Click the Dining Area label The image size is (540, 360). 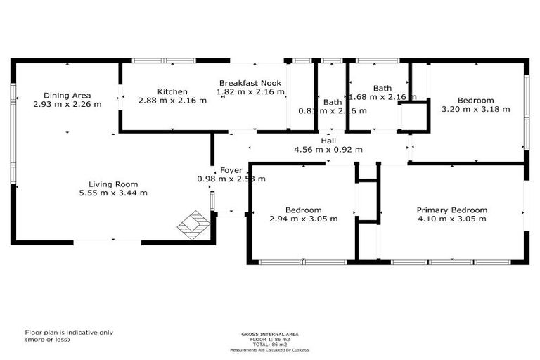click(67, 96)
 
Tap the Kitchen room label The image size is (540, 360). click(172, 91)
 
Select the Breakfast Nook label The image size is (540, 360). click(250, 83)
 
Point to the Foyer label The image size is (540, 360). click(231, 170)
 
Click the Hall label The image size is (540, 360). click(328, 141)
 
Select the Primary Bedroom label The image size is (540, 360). click(451, 210)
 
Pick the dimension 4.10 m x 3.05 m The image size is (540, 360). click(451, 219)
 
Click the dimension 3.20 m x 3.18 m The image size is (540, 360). click(466, 109)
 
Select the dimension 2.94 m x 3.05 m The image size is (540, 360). click(304, 219)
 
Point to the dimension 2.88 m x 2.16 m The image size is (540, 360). click(172, 101)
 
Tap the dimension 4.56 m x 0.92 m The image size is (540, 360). click(328, 150)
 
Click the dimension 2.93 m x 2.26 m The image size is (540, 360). click(67, 104)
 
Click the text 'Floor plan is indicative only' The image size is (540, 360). click(69, 333)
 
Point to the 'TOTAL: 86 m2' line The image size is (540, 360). click(270, 345)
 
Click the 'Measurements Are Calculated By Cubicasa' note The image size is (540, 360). click(270, 349)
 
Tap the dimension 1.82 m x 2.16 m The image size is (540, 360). click(250, 91)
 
